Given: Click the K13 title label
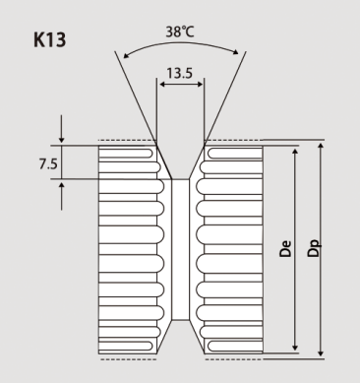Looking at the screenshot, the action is pyautogui.click(x=50, y=39).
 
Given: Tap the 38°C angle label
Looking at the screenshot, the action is pyautogui.click(x=180, y=32).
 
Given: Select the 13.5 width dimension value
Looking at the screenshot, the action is pyautogui.click(x=179, y=73).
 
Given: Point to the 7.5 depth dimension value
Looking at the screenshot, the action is pyautogui.click(x=48, y=163).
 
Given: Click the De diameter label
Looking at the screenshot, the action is pyautogui.click(x=285, y=248).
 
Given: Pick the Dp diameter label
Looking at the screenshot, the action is pyautogui.click(x=314, y=248).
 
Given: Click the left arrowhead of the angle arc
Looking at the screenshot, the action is pyautogui.click(x=126, y=55).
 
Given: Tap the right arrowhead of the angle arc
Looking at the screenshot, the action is pyautogui.click(x=235, y=52).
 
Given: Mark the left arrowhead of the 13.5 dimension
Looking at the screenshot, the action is pyautogui.click(x=162, y=85).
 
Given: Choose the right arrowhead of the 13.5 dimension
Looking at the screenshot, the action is pyautogui.click(x=201, y=85).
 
